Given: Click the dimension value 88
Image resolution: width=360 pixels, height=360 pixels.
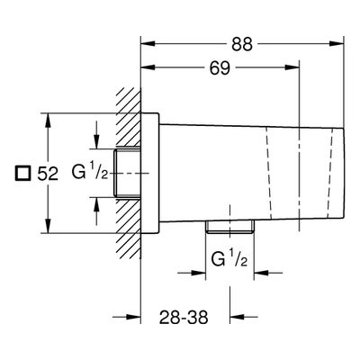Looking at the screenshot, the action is click(x=242, y=45).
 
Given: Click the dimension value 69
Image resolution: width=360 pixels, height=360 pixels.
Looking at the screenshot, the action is click(x=220, y=68).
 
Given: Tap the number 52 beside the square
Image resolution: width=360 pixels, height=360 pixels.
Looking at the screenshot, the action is click(x=48, y=174).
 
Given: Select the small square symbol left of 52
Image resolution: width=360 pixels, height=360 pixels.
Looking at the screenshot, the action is click(x=23, y=174).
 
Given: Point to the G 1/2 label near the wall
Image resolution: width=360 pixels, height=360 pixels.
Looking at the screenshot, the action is click(x=90, y=172).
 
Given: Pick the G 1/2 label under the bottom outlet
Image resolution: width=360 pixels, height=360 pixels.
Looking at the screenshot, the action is click(x=229, y=259).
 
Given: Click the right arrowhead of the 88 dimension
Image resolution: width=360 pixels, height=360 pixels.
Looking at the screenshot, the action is click(x=337, y=44).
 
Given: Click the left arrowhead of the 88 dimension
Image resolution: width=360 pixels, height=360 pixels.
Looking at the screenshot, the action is click(x=148, y=44).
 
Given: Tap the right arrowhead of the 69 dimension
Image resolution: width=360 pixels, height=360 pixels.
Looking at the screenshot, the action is click(x=292, y=67).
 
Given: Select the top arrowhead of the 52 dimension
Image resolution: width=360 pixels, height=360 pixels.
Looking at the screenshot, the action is click(x=48, y=120).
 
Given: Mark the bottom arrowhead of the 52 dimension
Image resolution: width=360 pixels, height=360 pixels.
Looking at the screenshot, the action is click(x=48, y=226).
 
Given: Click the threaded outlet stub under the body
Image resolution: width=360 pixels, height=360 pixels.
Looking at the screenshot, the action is click(x=230, y=227).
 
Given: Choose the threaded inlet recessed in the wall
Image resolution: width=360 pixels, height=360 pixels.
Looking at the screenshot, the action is click(x=127, y=173).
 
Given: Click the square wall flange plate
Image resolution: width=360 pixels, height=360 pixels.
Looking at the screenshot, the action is click(x=150, y=173).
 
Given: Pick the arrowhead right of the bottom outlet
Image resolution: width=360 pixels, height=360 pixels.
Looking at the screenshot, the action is click(x=262, y=273).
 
